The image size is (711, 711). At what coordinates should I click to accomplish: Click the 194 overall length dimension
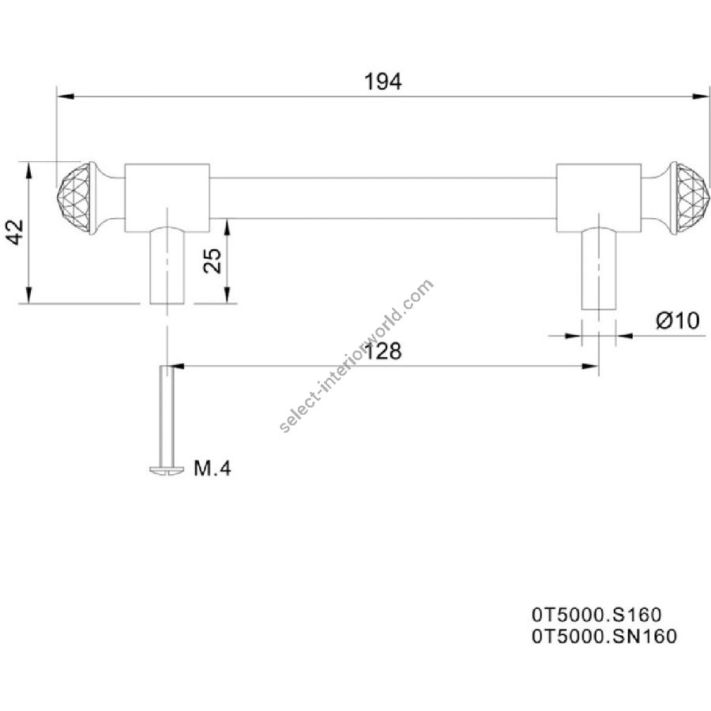point(383,82)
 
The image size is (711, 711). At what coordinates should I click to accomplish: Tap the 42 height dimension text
point(17,231)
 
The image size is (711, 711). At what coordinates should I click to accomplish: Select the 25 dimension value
point(213,261)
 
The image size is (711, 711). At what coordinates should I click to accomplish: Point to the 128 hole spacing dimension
point(383,351)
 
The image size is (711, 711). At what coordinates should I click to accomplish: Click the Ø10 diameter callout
point(678,321)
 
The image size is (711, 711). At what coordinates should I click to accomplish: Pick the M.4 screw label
point(213,468)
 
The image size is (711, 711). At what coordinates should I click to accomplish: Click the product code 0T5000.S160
point(596,615)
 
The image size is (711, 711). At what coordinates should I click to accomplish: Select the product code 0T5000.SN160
point(604,636)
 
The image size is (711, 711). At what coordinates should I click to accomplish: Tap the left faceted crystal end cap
point(74,197)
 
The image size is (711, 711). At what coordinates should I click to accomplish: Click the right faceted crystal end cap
point(689,198)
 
